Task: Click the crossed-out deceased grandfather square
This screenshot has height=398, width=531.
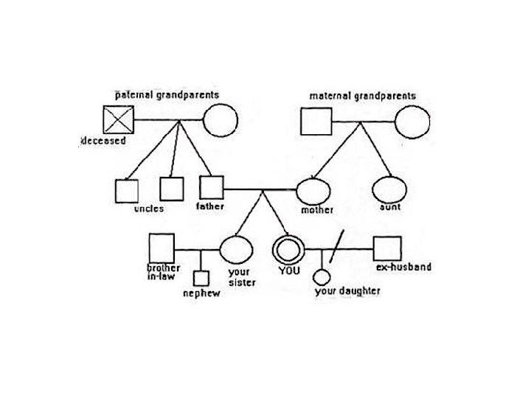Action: pyautogui.click(x=118, y=119)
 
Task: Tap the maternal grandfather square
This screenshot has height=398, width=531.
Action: pyautogui.click(x=316, y=121)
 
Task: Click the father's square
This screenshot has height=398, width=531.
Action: pyautogui.click(x=211, y=187)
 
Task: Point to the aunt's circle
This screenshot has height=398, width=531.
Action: pyautogui.click(x=389, y=190)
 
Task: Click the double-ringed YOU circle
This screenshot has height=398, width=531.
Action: pyautogui.click(x=287, y=248)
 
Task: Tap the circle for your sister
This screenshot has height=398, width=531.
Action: pyautogui.click(x=236, y=249)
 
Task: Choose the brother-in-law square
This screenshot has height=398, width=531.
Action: pyautogui.click(x=162, y=248)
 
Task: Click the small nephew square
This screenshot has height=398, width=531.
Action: pyautogui.click(x=201, y=279)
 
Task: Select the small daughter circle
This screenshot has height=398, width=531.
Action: pyautogui.click(x=322, y=277)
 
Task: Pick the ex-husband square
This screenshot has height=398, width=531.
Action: pyautogui.click(x=387, y=248)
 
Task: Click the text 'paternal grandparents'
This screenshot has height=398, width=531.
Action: pyautogui.click(x=167, y=95)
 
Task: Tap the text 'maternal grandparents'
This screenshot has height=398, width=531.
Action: pyautogui.click(x=362, y=96)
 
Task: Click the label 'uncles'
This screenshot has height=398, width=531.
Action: pyautogui.click(x=149, y=209)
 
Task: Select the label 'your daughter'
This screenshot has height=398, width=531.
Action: pyautogui.click(x=347, y=291)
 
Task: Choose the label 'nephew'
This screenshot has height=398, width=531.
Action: pyautogui.click(x=201, y=293)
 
